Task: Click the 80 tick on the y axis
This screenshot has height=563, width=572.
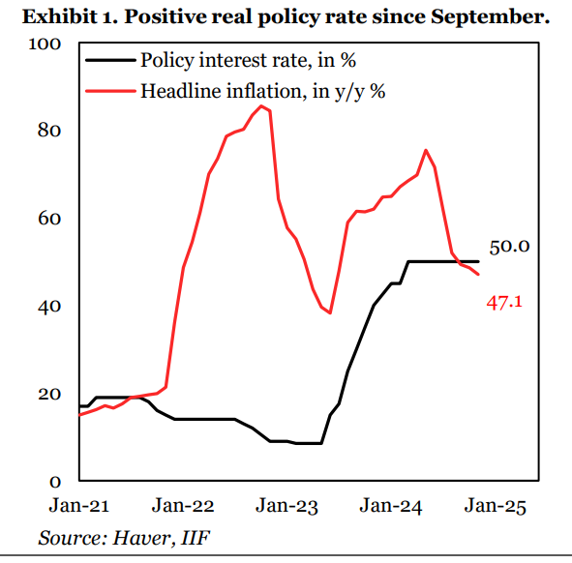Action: (x=50, y=131)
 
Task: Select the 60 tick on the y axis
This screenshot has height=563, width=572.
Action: (x=50, y=219)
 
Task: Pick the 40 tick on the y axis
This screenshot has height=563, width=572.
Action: (x=50, y=306)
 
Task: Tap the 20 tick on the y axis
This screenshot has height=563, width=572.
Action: (x=50, y=394)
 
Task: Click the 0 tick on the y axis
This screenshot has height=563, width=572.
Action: (x=55, y=481)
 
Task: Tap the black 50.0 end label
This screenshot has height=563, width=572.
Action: (x=509, y=247)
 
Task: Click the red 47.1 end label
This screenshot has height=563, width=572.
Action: (x=504, y=302)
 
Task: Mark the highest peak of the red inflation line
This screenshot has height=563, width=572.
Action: (x=261, y=105)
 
